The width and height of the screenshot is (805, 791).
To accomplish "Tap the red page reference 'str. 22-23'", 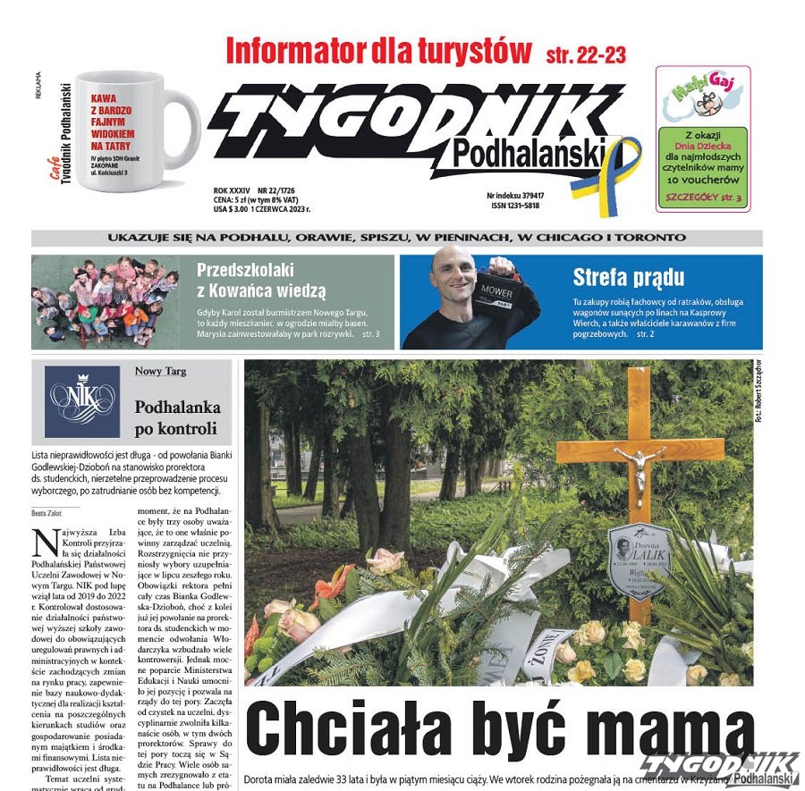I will coord(586,55).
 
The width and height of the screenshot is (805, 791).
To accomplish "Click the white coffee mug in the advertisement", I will coord(134,130).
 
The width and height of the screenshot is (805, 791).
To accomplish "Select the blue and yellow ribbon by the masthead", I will coord(619,174).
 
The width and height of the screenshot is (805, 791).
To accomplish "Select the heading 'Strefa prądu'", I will coord(628,277).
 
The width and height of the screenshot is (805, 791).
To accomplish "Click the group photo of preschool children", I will coord(106,301).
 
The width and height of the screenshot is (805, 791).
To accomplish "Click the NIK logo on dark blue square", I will coord(81,401).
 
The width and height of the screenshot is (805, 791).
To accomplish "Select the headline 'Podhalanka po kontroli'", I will coord(177,417).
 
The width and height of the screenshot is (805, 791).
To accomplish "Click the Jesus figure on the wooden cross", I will coord(640,471).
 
